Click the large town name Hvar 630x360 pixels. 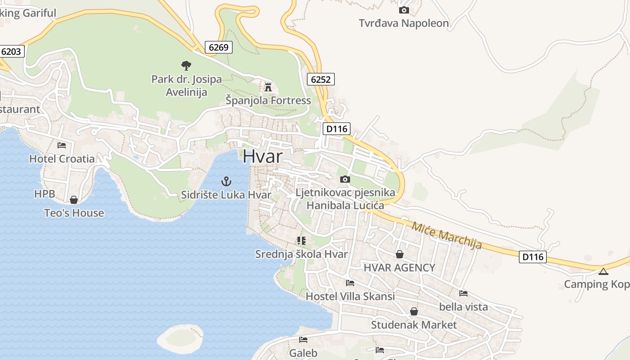click(x=263, y=156)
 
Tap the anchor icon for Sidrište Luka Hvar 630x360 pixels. click(x=226, y=181)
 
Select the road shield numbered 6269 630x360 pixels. click(x=219, y=47)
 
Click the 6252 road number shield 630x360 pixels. click(x=321, y=80)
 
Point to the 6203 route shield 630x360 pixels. click(x=11, y=51)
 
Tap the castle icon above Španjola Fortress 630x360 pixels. click(x=268, y=86)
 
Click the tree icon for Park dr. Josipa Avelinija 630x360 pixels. click(x=186, y=66)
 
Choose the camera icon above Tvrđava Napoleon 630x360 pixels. click(x=404, y=10)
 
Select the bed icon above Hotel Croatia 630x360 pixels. click(x=62, y=145)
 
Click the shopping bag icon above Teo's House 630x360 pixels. click(x=74, y=199)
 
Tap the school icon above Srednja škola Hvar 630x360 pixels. click(x=301, y=241)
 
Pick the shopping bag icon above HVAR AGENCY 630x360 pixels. click(x=399, y=254)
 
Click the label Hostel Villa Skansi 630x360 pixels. click(x=350, y=296)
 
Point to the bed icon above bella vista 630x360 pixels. click(x=463, y=293)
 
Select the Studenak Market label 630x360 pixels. click(x=414, y=324)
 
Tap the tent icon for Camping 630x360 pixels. click(x=603, y=271)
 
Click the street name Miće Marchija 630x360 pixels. click(x=446, y=235)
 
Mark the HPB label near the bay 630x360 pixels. click(x=45, y=194)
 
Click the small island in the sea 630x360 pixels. click(x=180, y=338)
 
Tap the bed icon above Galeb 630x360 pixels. click(x=303, y=339)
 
